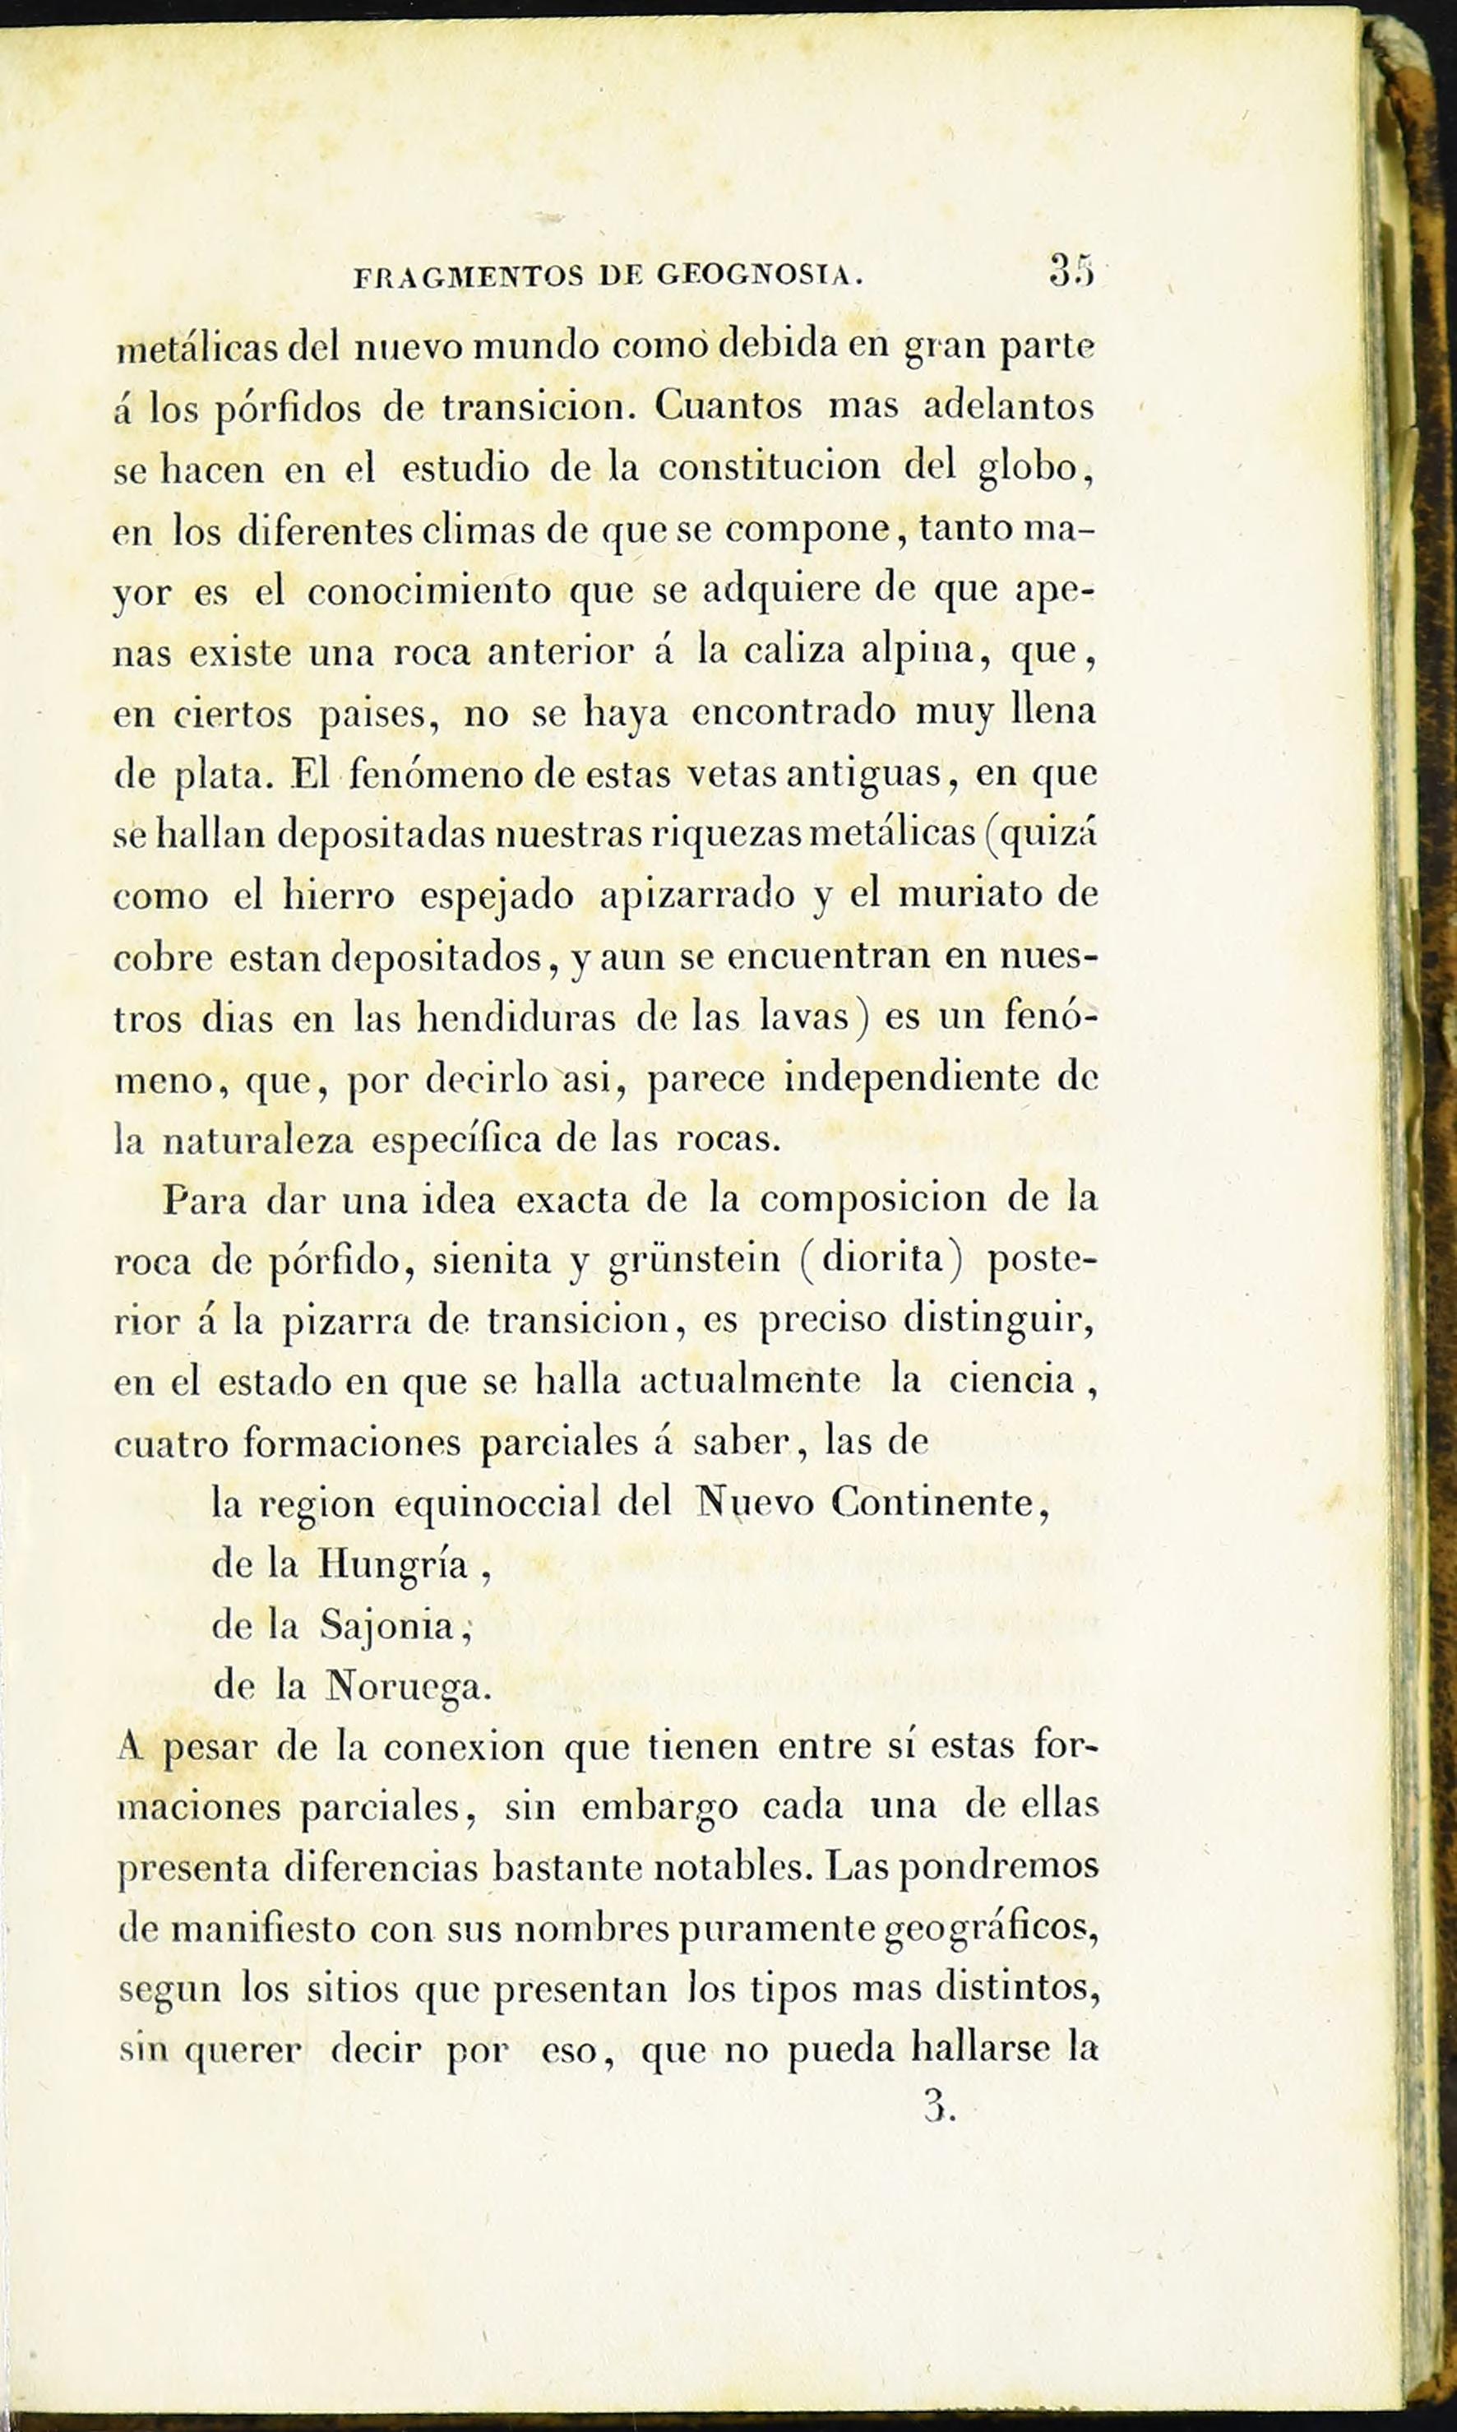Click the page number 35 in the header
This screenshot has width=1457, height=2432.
[x=1071, y=270]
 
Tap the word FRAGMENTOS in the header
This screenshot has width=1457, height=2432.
[x=466, y=278]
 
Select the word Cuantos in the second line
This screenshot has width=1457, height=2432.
[x=728, y=405]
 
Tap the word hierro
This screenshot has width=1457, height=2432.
[x=339, y=896]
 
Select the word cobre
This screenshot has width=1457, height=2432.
[x=163, y=957]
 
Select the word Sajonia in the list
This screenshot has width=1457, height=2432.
[x=388, y=1626]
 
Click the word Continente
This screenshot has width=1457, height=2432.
[x=932, y=1502]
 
